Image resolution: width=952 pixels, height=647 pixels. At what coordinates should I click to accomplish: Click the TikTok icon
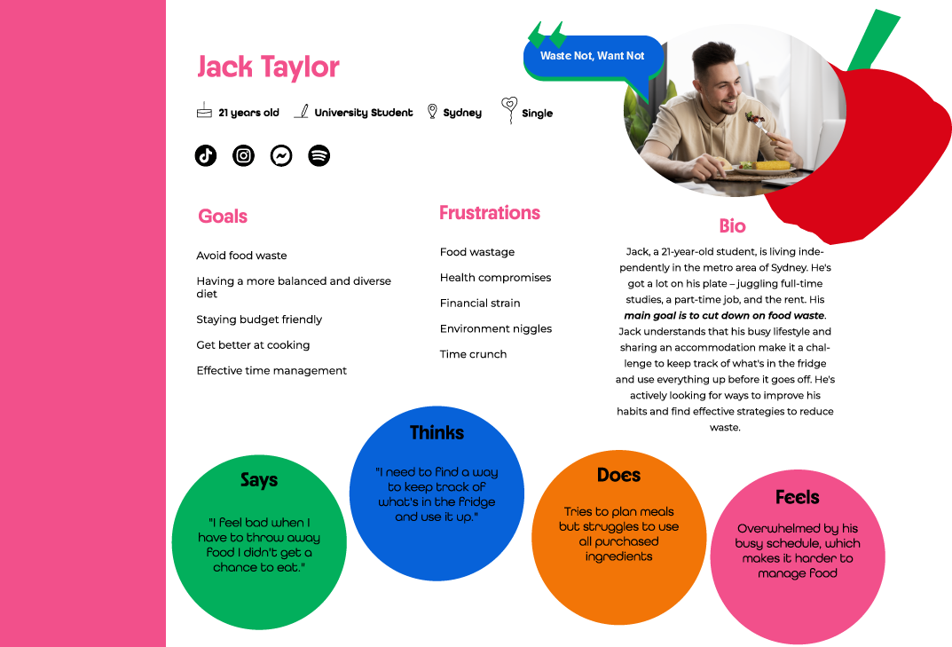[x=206, y=155]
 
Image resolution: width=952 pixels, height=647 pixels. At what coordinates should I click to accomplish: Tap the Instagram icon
[x=243, y=155]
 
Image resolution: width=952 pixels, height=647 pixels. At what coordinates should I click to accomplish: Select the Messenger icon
[x=280, y=155]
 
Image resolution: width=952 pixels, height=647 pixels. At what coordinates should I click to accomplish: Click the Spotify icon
[x=319, y=155]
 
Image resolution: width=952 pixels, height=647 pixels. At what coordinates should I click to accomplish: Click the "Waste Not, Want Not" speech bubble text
[x=592, y=56]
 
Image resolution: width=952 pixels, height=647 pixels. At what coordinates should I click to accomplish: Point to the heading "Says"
[x=259, y=480]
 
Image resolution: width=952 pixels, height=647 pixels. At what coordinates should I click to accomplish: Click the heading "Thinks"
[x=437, y=433]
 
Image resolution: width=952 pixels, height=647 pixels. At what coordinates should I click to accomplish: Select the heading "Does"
[x=618, y=476]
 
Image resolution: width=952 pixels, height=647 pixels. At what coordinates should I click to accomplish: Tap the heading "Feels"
[x=797, y=497]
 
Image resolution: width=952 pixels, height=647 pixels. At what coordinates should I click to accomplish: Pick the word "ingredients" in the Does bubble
[x=618, y=556]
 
